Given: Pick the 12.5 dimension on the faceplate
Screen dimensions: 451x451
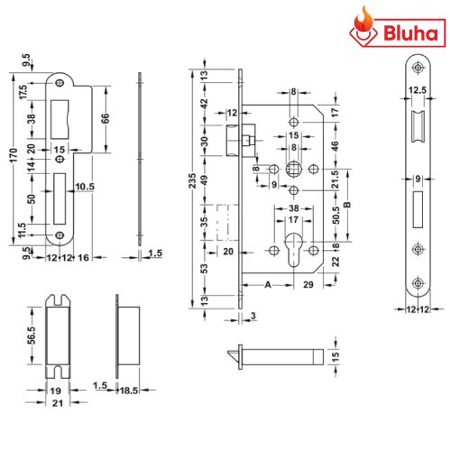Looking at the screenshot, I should pos(418,89).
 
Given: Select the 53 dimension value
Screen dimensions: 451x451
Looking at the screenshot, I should pos(205,267).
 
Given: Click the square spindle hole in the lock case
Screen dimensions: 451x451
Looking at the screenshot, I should pos(293,169).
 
